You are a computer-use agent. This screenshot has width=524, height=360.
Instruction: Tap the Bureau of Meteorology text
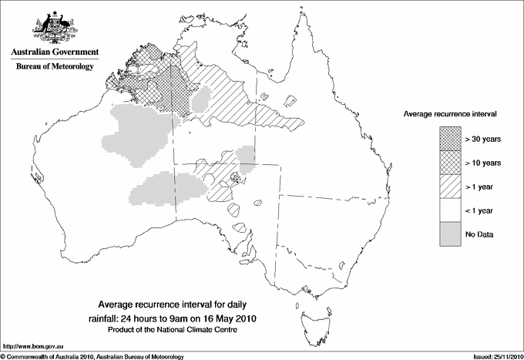(55, 67)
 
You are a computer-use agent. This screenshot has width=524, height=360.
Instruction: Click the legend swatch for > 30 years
(451, 139)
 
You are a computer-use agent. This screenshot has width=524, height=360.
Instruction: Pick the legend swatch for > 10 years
(451, 163)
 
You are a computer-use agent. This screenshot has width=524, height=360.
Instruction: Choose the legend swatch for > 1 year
(451, 187)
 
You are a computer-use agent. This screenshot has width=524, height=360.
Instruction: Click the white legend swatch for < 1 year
(451, 210)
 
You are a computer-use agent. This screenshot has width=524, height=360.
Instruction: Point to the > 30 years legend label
(482, 139)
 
